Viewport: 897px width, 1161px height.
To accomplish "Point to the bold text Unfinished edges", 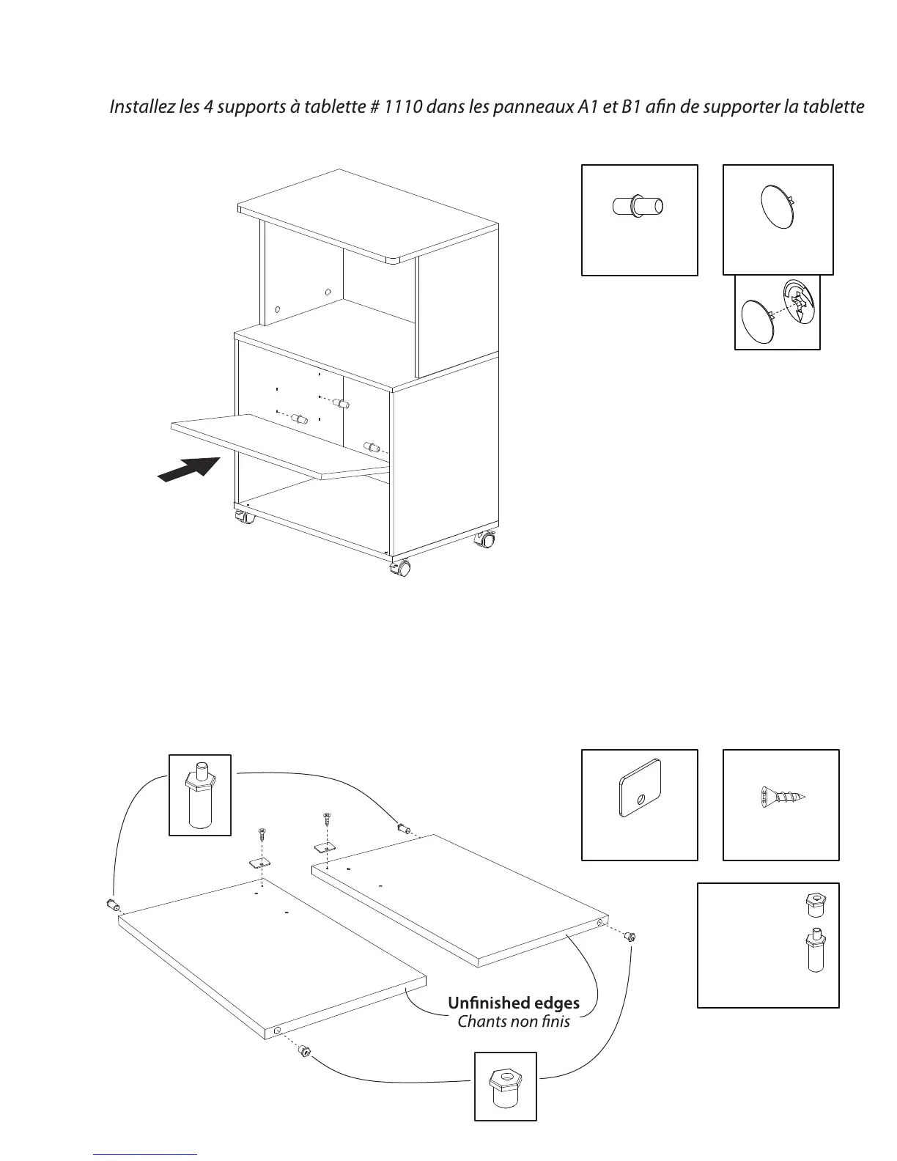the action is tap(513, 1003).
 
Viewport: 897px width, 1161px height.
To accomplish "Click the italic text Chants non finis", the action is tap(513, 1021).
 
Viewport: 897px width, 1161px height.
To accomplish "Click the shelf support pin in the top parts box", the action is tap(638, 205).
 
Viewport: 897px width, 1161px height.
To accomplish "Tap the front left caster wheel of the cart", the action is tap(245, 517).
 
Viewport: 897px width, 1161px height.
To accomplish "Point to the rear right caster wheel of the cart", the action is tap(485, 541).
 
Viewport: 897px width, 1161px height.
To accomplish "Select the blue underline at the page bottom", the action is tap(146, 1154).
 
